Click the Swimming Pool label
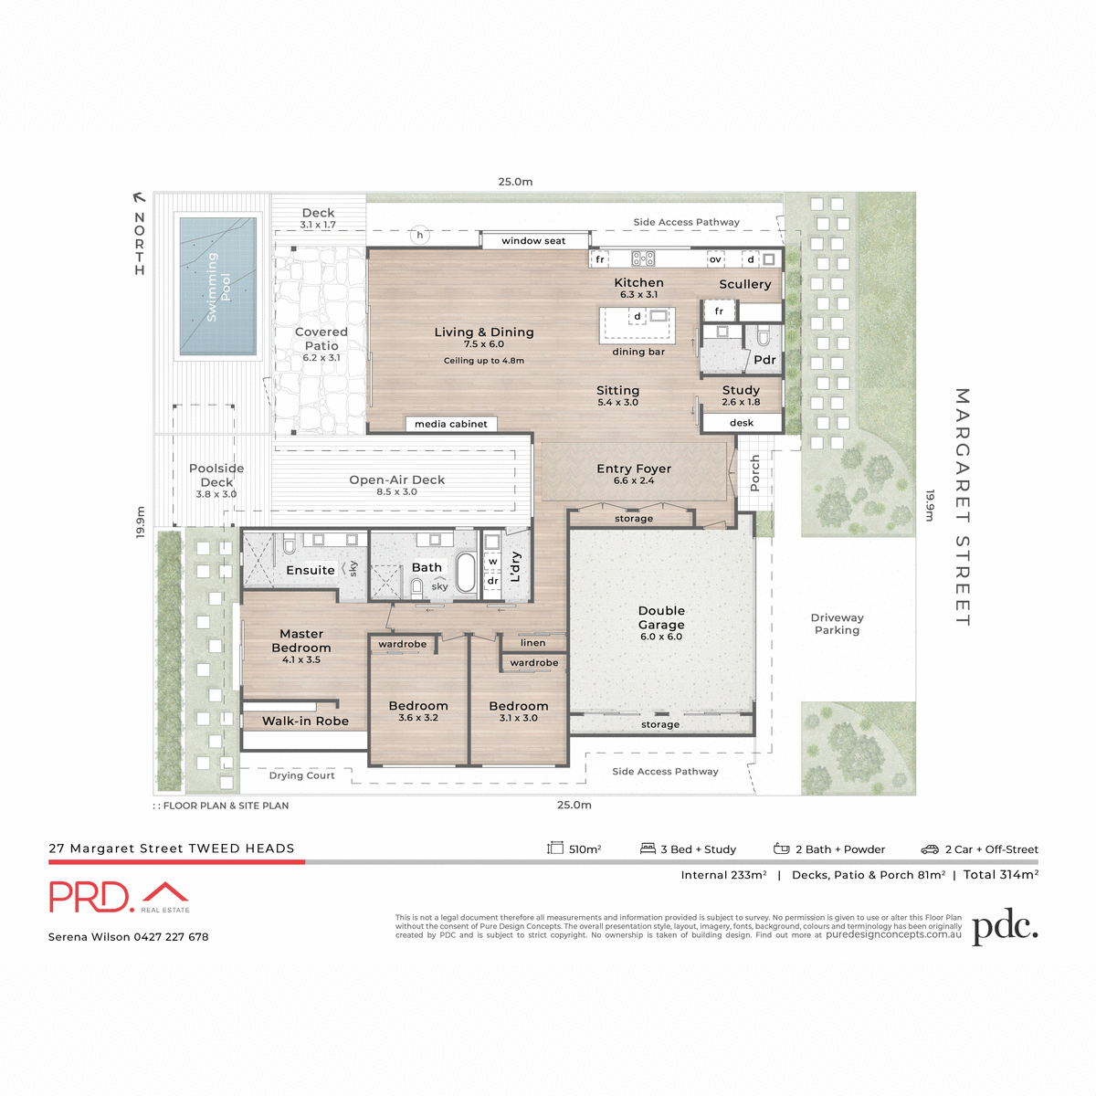point(218,287)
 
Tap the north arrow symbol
point(139,196)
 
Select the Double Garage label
point(661,617)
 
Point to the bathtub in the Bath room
point(466,573)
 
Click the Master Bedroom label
point(301,640)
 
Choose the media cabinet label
point(451,424)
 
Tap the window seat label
point(533,241)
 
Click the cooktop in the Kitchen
point(643,259)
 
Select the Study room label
point(741,390)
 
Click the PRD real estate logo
point(119,897)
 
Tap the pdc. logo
point(1005,927)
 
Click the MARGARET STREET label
point(962,507)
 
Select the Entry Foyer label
point(634,469)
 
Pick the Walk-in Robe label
point(305,721)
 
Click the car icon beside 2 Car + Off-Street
point(930,849)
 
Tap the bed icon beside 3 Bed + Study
point(648,848)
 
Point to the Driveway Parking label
point(837,624)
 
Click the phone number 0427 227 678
point(171,937)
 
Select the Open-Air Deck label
point(396,479)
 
